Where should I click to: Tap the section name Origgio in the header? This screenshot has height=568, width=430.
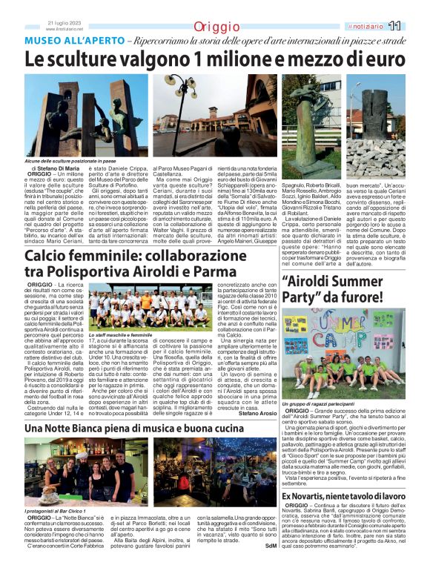tap(216, 27)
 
